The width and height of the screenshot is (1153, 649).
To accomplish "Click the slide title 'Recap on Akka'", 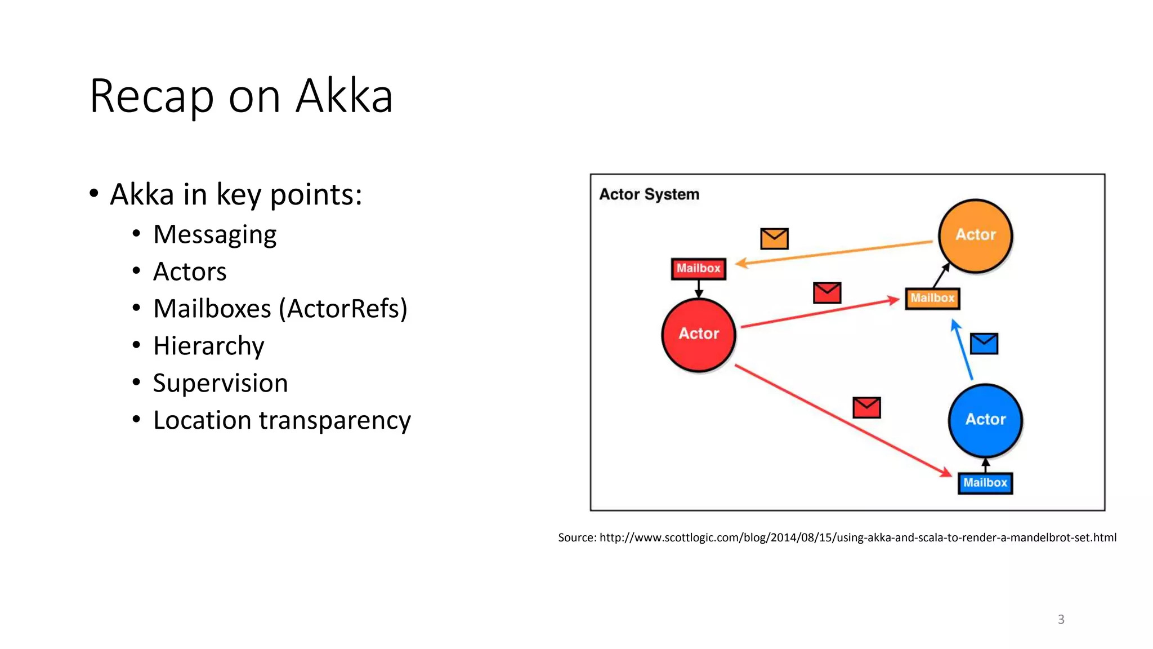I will coord(241,96).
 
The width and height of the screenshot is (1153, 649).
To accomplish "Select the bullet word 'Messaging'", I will coord(214,234).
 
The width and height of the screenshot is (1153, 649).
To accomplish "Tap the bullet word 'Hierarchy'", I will coord(208,346).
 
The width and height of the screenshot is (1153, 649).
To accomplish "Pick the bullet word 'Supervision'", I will coord(220,383).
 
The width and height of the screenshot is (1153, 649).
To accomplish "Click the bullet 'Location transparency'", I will coord(281,420).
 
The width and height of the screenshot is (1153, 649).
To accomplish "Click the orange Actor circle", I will coord(975,235).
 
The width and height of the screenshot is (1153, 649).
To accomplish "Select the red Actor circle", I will coord(698,335).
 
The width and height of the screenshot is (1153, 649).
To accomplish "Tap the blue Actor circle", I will coord(985,420).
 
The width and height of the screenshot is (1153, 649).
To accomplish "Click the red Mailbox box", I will coord(698,269).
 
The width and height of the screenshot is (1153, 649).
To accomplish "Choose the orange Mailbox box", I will coord(932,299).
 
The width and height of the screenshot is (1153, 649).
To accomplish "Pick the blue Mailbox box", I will coord(985,483).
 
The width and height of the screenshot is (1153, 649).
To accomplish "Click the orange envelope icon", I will coord(774,239).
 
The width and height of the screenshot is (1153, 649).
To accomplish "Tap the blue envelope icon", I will coord(984,344).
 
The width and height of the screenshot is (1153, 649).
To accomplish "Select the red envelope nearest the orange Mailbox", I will coord(827,293).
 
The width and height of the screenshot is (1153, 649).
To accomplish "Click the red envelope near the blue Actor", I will coord(866,407).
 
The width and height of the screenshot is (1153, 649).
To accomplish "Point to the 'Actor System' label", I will coord(649,194).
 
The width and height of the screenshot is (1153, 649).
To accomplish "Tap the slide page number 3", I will coord(1061,619).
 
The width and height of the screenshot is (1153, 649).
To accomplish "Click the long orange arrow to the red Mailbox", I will coord(833,252).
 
